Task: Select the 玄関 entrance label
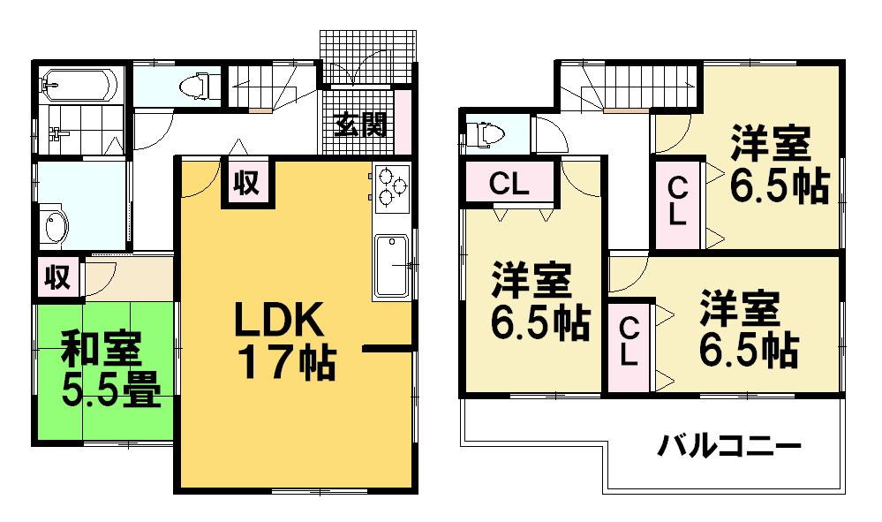(x=360, y=125)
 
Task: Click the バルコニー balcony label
(x=729, y=445)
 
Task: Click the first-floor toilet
(x=193, y=86)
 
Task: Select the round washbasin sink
(x=56, y=226)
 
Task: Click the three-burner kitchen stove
(x=390, y=188)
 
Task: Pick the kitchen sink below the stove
(x=390, y=264)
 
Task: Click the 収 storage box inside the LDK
(x=245, y=183)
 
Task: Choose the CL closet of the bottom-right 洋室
(x=629, y=343)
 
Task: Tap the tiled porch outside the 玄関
(x=366, y=56)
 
